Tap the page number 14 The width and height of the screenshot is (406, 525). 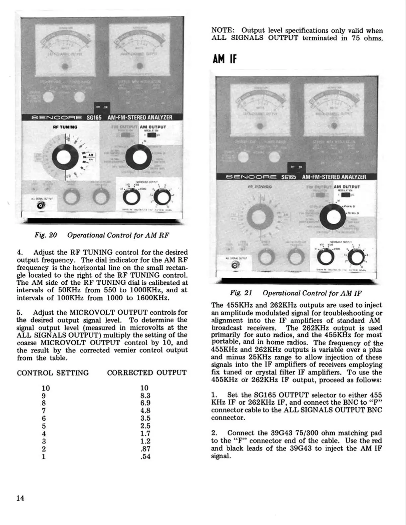pyautogui.click(x=20, y=498)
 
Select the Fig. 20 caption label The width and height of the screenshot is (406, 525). pyautogui.click(x=46, y=235)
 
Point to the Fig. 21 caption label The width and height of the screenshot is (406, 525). pyautogui.click(x=241, y=293)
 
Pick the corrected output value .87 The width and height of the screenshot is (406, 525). pyautogui.click(x=145, y=449)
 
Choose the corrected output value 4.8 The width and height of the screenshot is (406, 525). pyautogui.click(x=145, y=411)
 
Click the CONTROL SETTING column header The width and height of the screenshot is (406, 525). pyautogui.click(x=53, y=373)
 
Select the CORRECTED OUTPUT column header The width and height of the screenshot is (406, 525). pyautogui.click(x=146, y=373)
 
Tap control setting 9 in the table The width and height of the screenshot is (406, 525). pyautogui.click(x=44, y=395)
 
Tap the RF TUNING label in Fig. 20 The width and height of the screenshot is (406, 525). pyautogui.click(x=65, y=127)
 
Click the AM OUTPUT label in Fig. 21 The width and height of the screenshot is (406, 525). pyautogui.click(x=347, y=187)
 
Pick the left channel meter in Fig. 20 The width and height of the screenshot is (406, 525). pyautogui.click(x=65, y=46)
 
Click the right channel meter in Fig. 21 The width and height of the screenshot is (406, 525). pyautogui.click(x=334, y=106)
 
